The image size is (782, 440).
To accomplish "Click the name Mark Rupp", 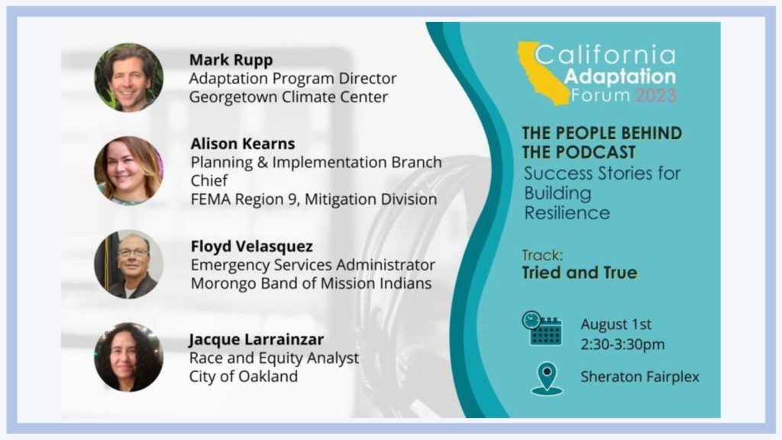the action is tap(231, 60).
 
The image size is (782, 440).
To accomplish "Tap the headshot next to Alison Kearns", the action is tap(128, 170).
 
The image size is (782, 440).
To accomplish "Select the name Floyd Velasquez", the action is tap(252, 247).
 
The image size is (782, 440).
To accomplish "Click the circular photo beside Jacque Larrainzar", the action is tap(128, 357).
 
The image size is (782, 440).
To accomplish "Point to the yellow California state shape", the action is tap(544, 73).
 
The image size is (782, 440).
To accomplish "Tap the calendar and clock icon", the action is tap(541, 328).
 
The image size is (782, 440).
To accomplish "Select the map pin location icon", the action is tap(547, 379).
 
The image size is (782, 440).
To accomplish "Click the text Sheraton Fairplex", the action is tap(640, 377).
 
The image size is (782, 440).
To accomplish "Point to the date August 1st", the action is tap(616, 324).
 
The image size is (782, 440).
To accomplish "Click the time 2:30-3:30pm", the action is tap(622, 345).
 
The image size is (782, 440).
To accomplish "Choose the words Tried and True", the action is tap(580, 273).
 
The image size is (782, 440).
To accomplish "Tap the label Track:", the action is tap(542, 255).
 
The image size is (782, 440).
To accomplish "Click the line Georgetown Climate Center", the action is tap(288, 97).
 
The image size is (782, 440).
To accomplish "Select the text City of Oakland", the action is tap(244, 376).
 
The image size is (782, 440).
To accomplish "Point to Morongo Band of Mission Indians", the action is tap(312, 283).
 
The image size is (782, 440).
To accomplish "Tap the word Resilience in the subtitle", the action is tap(567, 213).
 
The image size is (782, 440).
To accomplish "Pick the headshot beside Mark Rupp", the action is tap(128, 77).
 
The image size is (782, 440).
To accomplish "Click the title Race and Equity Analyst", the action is tap(274, 358).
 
